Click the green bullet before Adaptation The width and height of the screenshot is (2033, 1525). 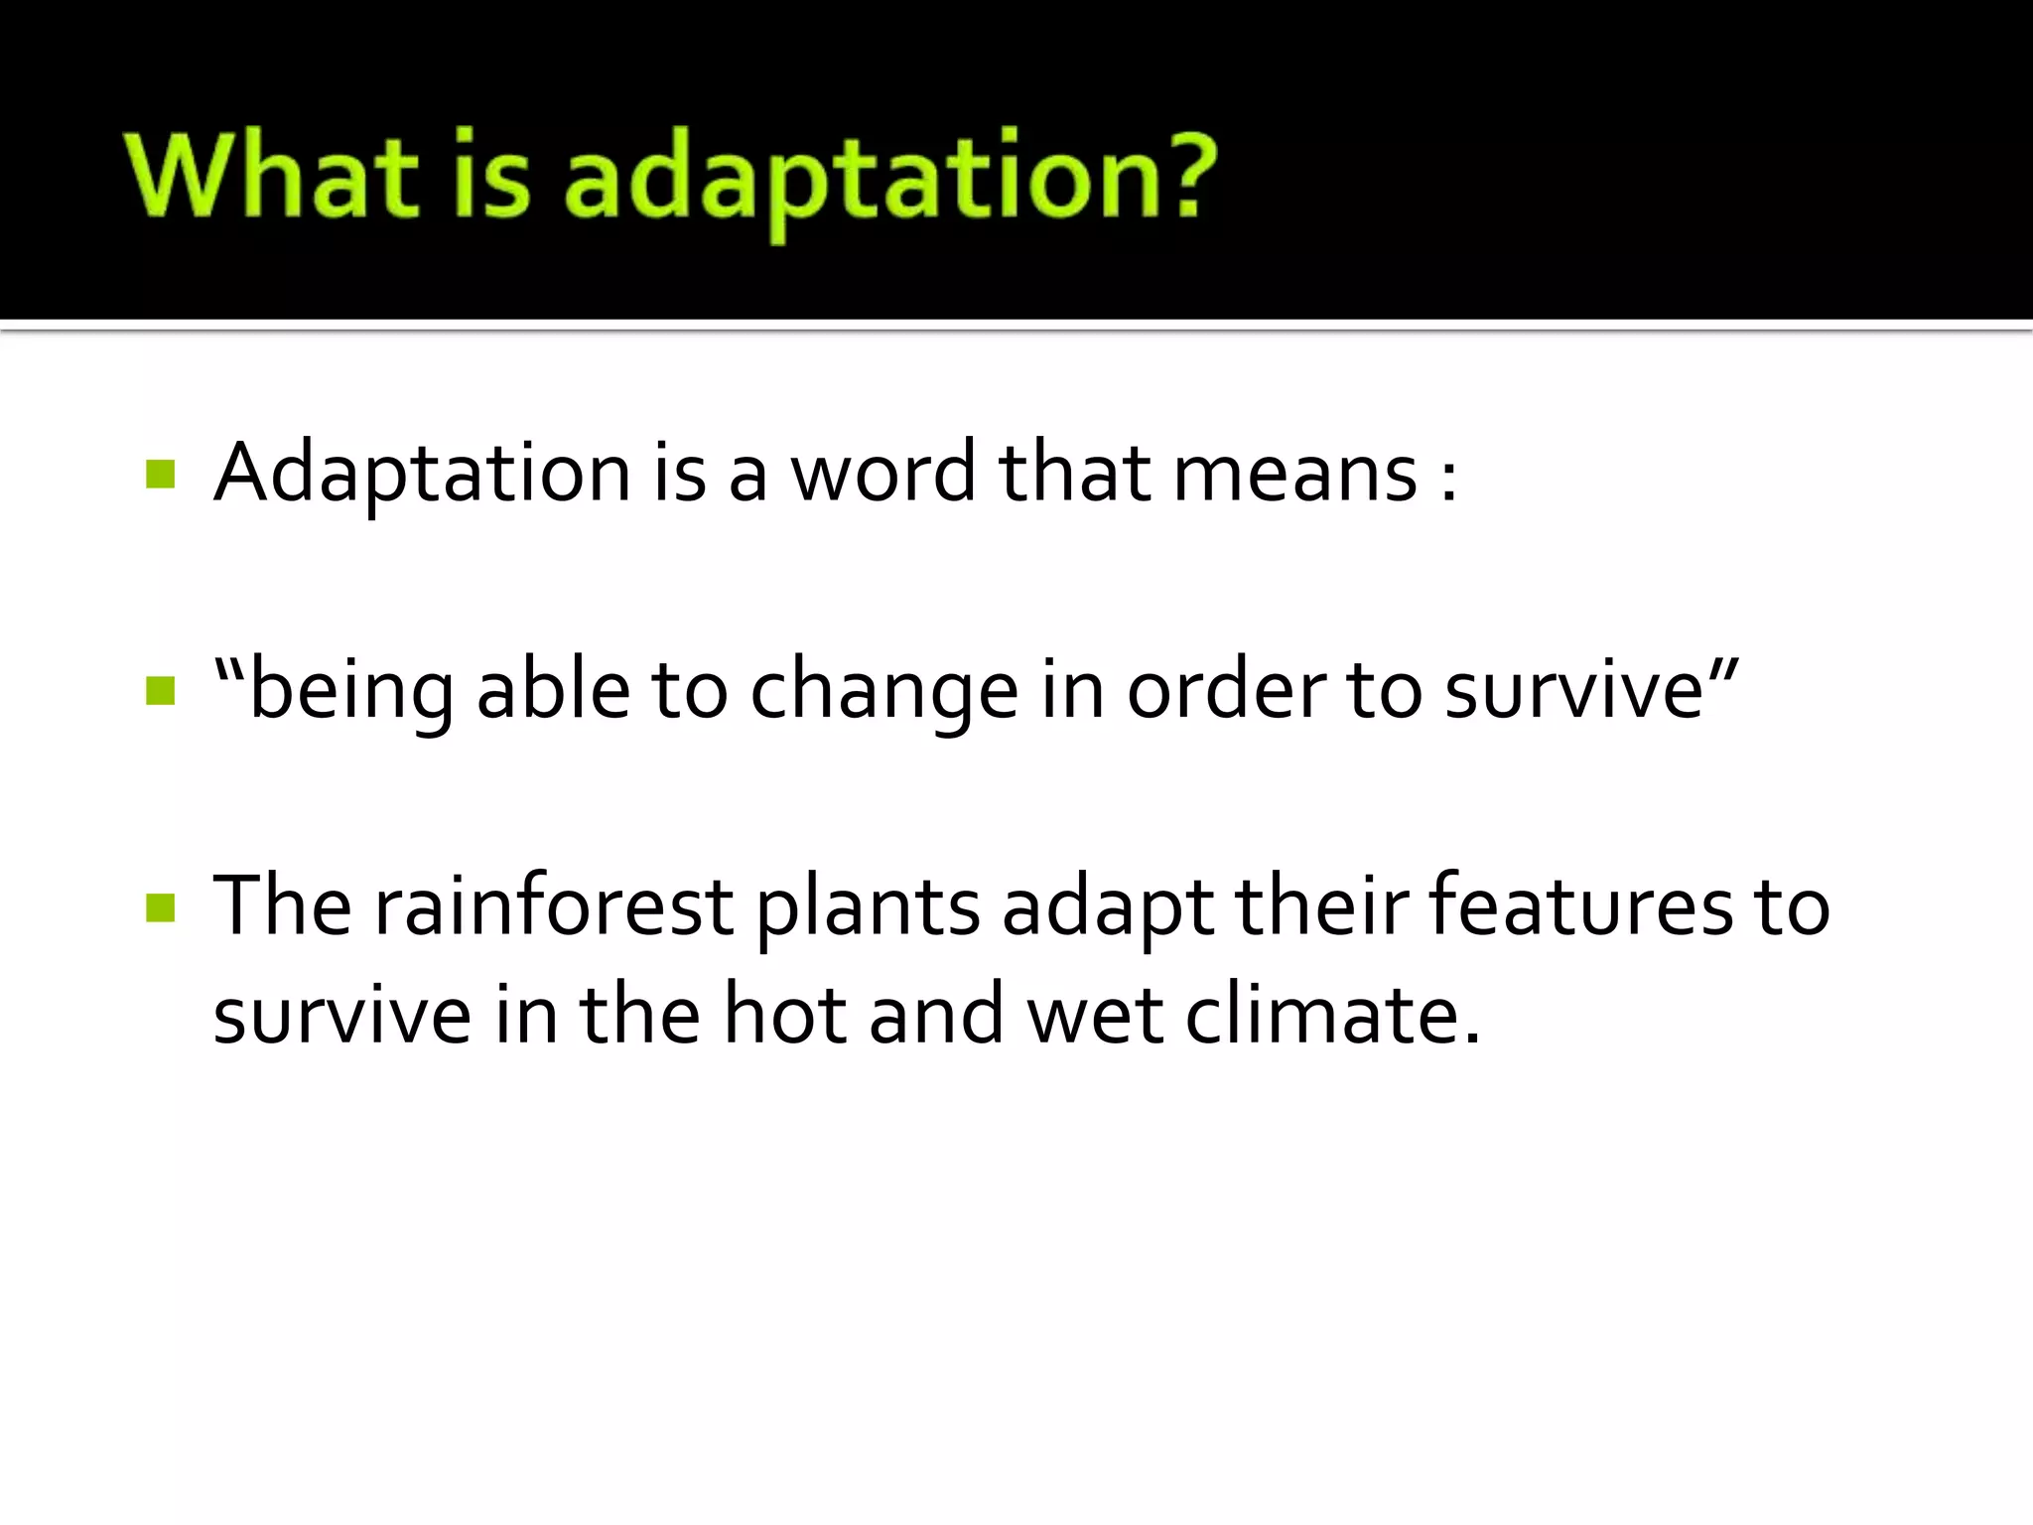[160, 474]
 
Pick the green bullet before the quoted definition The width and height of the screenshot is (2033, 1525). [160, 690]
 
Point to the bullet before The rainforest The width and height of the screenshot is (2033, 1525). [160, 907]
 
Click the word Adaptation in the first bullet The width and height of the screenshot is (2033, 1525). [422, 474]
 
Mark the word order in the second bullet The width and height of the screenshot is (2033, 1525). [1225, 690]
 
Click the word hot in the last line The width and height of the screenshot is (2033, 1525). [784, 1015]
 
